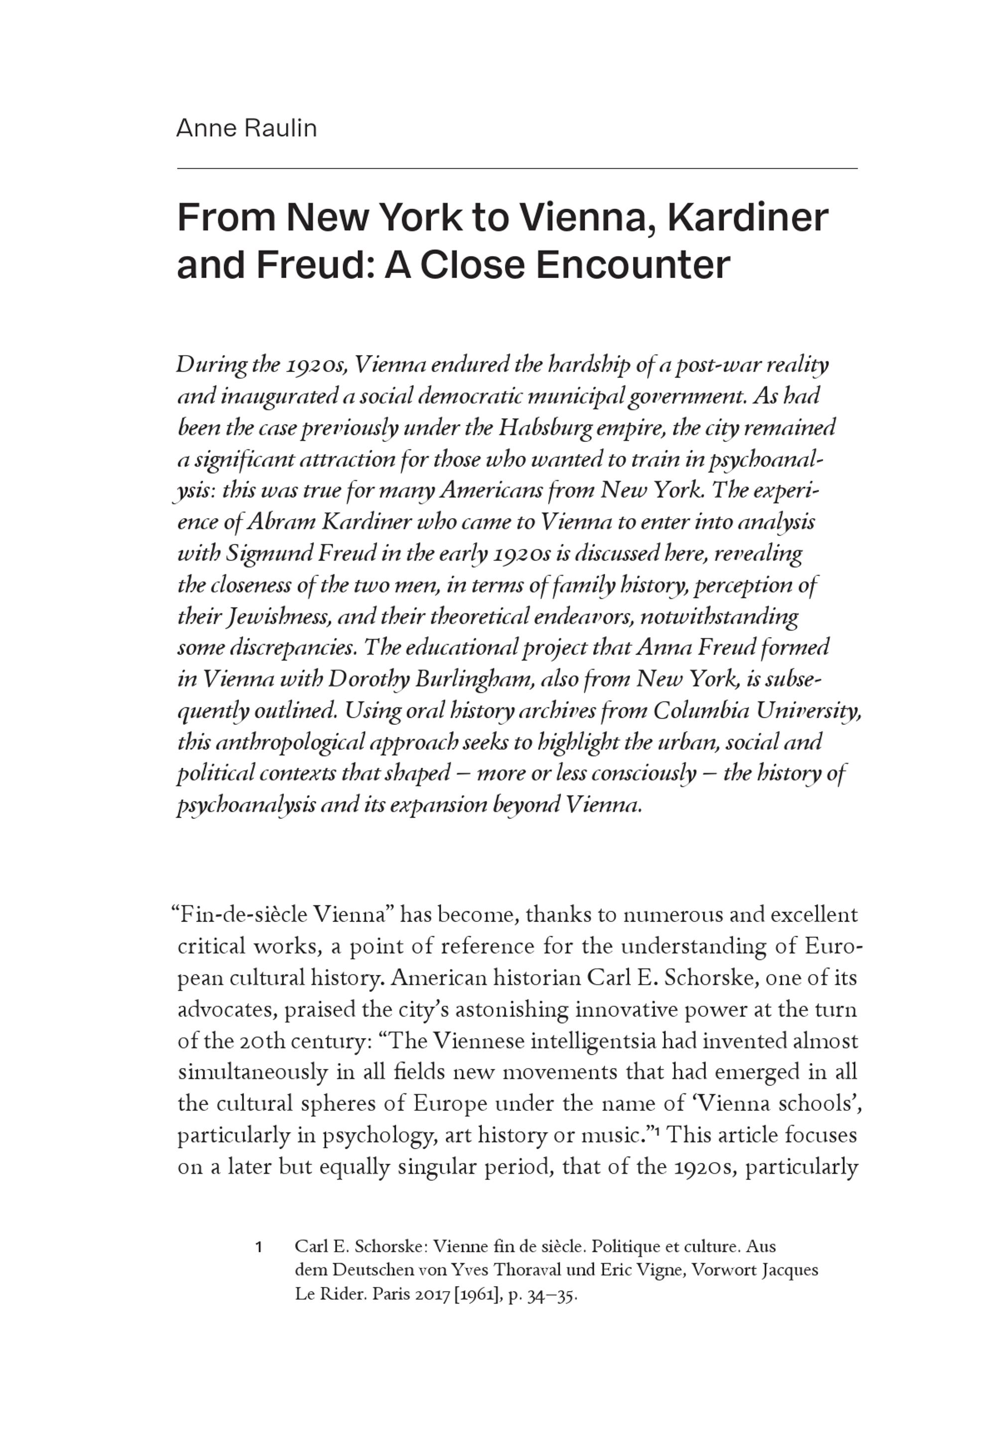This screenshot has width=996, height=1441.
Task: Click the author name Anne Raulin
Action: tap(247, 129)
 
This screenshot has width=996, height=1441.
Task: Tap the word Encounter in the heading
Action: tap(632, 264)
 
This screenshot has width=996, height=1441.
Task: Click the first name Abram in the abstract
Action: tap(281, 523)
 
